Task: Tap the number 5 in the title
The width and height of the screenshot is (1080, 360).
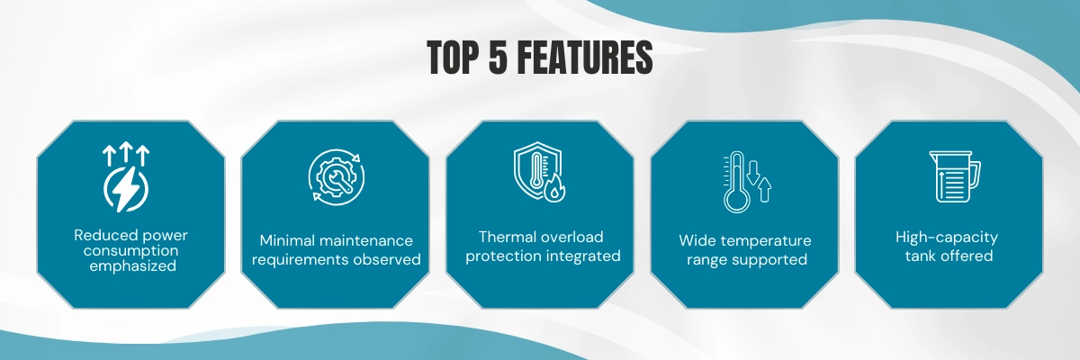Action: [x=499, y=58]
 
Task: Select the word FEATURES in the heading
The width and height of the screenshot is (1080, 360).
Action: [x=585, y=58]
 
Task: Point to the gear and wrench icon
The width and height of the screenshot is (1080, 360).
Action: [x=337, y=176]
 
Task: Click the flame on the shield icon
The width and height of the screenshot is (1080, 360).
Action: [x=555, y=188]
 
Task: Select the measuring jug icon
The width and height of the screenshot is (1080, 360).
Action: [x=955, y=176]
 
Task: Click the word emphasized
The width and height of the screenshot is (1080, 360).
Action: [x=132, y=266]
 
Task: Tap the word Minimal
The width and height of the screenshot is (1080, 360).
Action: [x=288, y=240]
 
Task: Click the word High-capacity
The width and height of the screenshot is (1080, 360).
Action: [x=947, y=237]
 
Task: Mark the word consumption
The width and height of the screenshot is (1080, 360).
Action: [x=130, y=250]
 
